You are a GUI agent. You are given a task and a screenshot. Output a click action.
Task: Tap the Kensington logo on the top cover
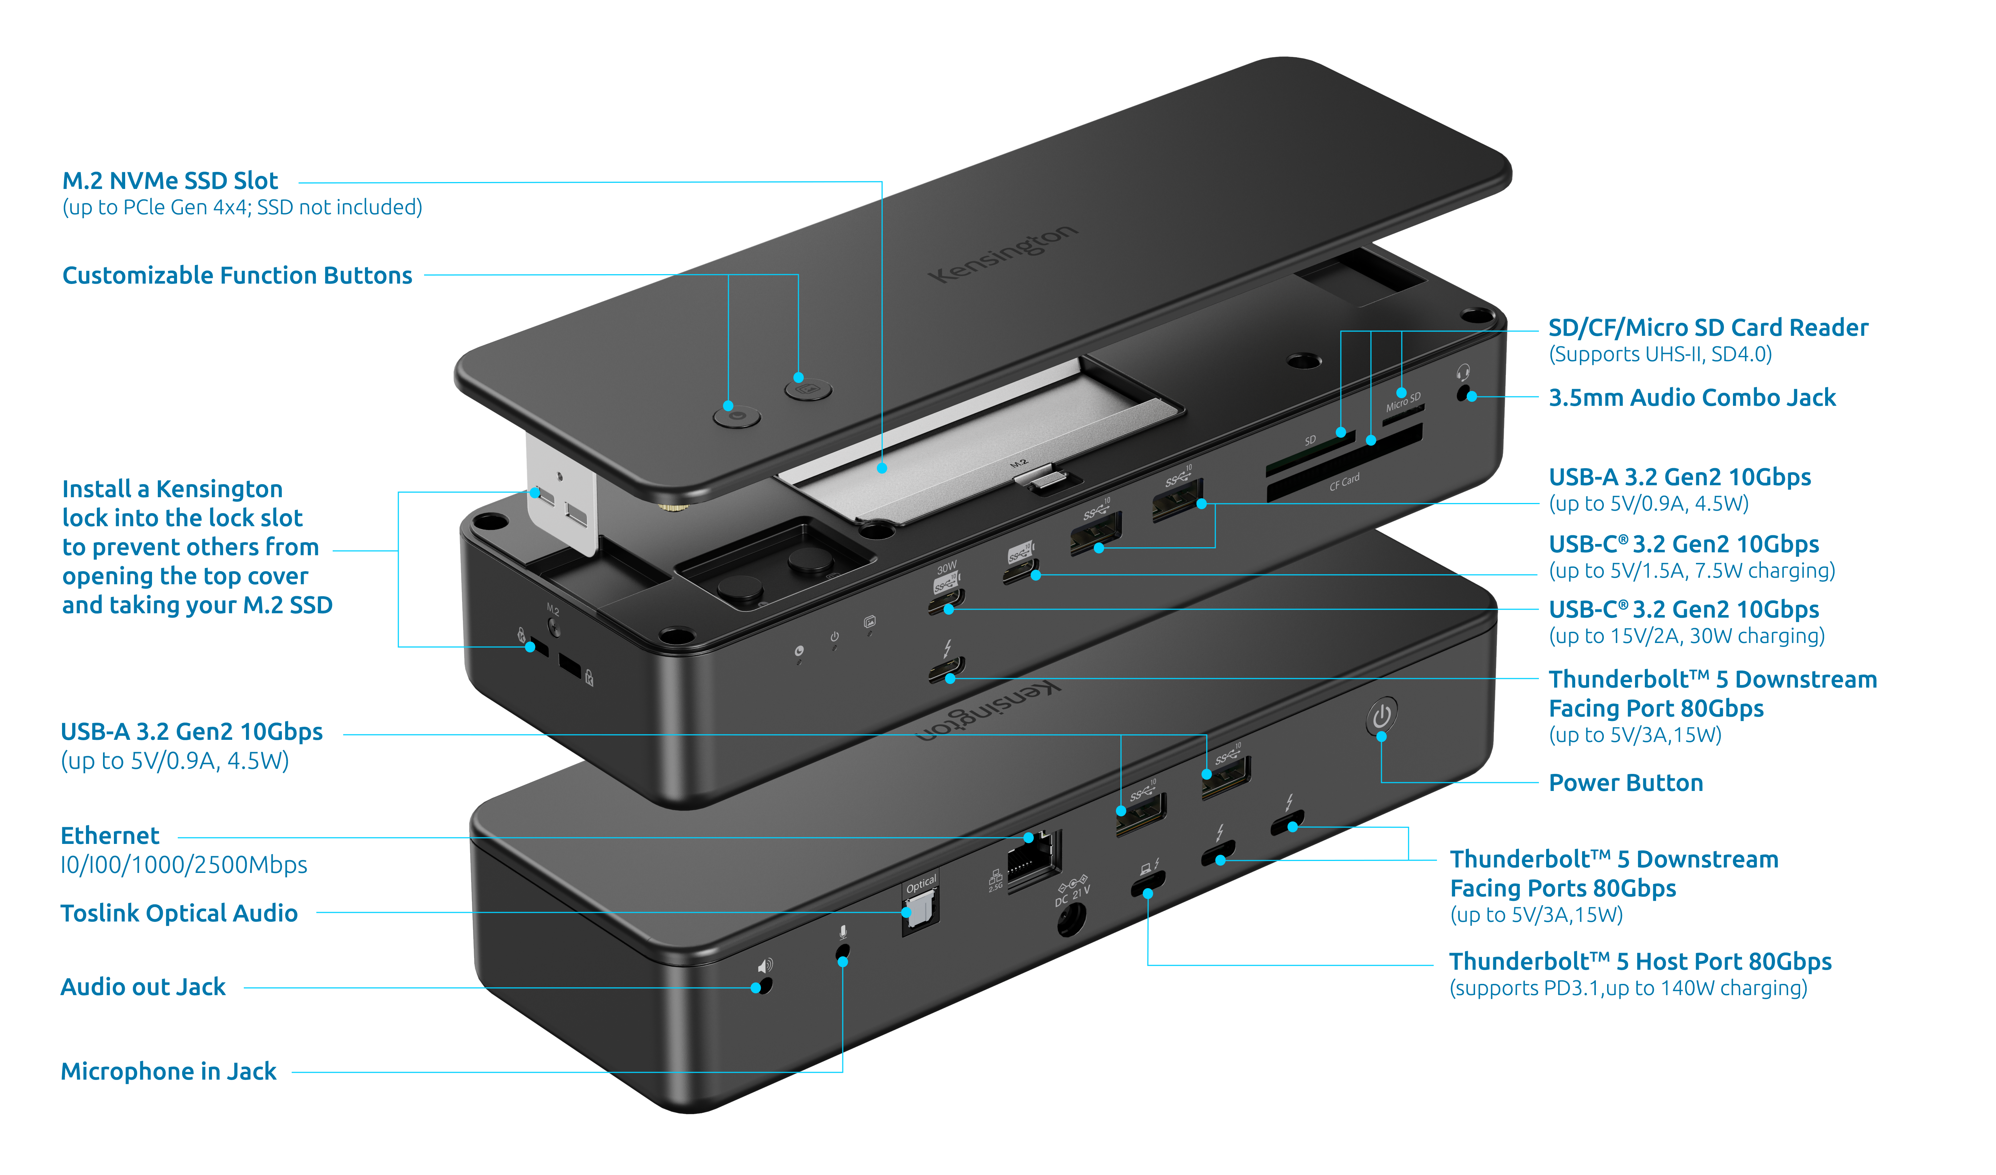pyautogui.click(x=1003, y=253)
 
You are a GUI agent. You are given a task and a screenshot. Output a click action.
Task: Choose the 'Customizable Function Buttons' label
pyautogui.click(x=238, y=276)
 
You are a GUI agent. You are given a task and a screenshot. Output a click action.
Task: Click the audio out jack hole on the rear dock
pyautogui.click(x=763, y=986)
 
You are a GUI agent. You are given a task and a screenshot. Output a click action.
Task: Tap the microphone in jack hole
pyautogui.click(x=843, y=952)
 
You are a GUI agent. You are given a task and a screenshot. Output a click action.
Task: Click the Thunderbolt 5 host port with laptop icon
pyautogui.click(x=1148, y=884)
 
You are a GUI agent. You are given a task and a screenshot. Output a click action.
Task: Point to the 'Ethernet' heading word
pyautogui.click(x=110, y=836)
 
